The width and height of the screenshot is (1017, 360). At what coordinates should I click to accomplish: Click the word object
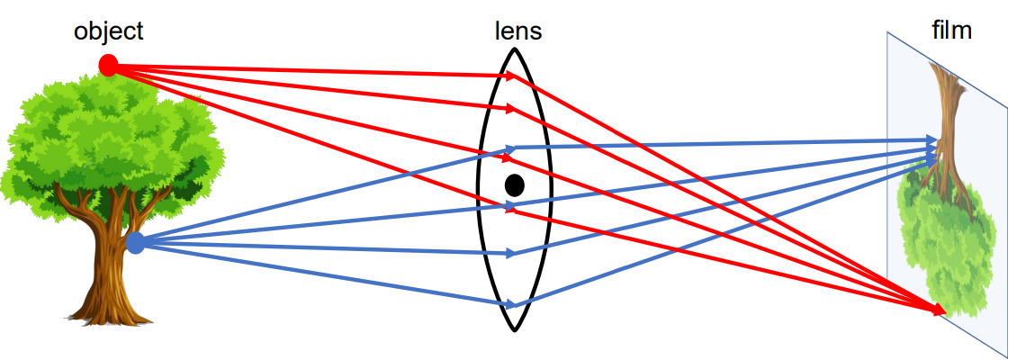tap(108, 31)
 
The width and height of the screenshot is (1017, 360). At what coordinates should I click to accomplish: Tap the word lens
tap(518, 31)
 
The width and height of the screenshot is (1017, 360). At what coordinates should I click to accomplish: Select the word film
tap(952, 31)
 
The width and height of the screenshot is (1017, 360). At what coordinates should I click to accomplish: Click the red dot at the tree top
tap(108, 65)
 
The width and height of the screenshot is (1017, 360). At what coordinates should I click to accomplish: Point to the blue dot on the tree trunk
tap(136, 242)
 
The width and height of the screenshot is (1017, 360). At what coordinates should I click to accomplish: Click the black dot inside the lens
tap(514, 185)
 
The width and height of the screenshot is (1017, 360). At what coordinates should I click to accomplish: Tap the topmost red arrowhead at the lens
tap(511, 76)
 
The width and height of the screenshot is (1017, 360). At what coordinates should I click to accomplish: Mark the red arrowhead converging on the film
tap(940, 310)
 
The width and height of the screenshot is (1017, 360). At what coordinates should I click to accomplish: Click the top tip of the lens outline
tap(514, 48)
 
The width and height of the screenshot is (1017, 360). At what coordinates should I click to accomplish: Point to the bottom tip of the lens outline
tap(514, 329)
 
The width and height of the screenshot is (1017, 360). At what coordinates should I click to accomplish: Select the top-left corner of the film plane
tap(887, 32)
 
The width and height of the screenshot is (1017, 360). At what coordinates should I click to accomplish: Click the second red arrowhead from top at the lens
tap(510, 110)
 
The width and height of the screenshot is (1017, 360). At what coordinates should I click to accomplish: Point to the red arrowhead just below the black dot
tap(510, 212)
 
